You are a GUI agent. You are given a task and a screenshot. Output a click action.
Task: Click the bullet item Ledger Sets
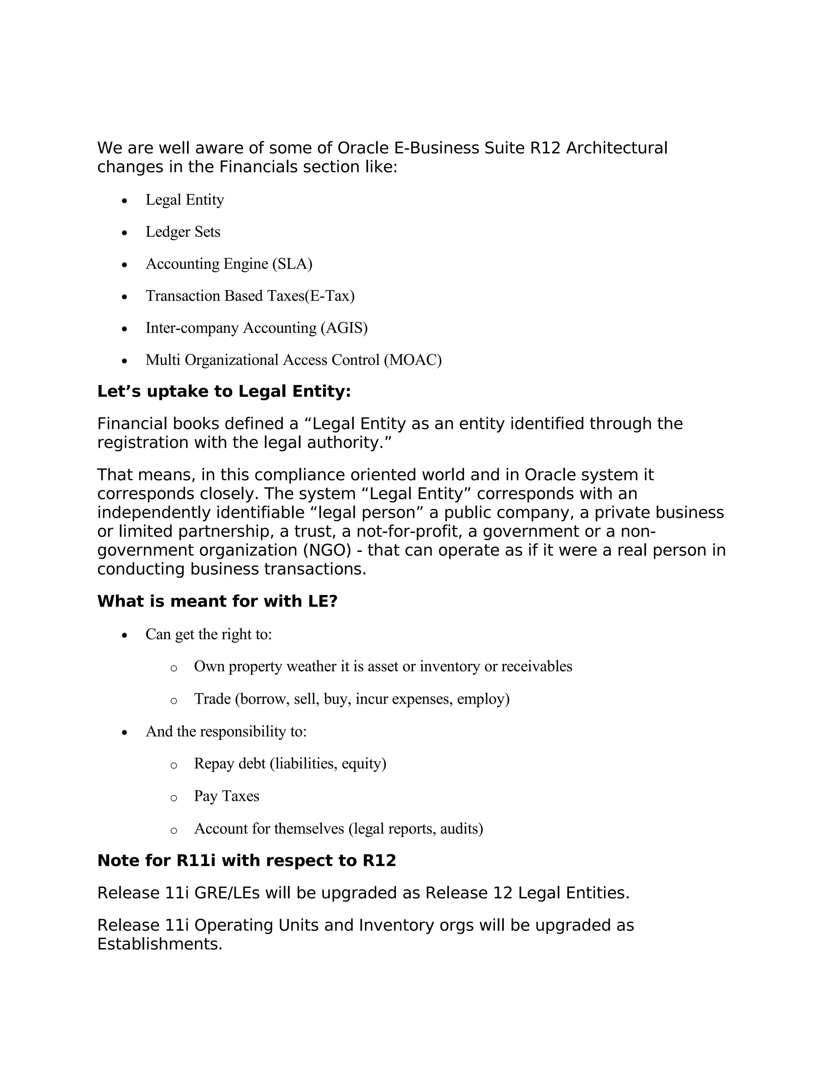pyautogui.click(x=183, y=232)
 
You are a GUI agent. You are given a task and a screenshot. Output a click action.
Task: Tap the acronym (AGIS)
pyautogui.click(x=344, y=328)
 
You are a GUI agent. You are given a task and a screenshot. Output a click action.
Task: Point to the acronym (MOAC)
pyautogui.click(x=412, y=360)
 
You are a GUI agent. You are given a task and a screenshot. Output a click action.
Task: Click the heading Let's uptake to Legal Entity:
pyautogui.click(x=224, y=391)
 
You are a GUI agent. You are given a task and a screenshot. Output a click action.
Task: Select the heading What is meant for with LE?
pyautogui.click(x=217, y=601)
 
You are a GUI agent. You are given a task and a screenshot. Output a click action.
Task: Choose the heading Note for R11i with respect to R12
pyautogui.click(x=247, y=860)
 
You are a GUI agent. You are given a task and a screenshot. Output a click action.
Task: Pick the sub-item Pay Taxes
pyautogui.click(x=227, y=796)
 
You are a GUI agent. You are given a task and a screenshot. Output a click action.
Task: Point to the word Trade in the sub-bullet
pyautogui.click(x=212, y=699)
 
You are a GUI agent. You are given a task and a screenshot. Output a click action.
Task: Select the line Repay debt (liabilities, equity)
pyautogui.click(x=290, y=763)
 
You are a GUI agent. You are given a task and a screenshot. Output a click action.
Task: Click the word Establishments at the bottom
pyautogui.click(x=160, y=944)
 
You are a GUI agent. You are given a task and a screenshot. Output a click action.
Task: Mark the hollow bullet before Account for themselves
pyautogui.click(x=174, y=830)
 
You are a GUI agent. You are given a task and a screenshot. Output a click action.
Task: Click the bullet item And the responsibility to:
pyautogui.click(x=226, y=731)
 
